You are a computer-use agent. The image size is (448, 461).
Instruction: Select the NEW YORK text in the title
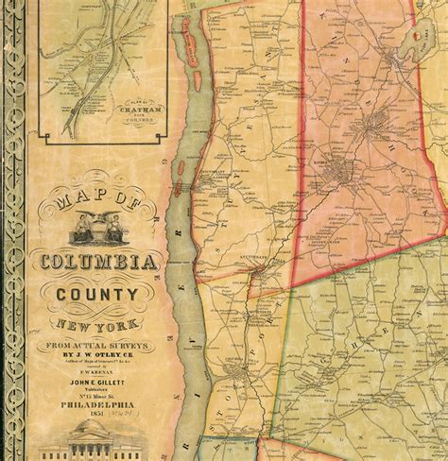click(x=99, y=324)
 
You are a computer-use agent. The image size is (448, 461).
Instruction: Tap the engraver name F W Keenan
click(x=99, y=376)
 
